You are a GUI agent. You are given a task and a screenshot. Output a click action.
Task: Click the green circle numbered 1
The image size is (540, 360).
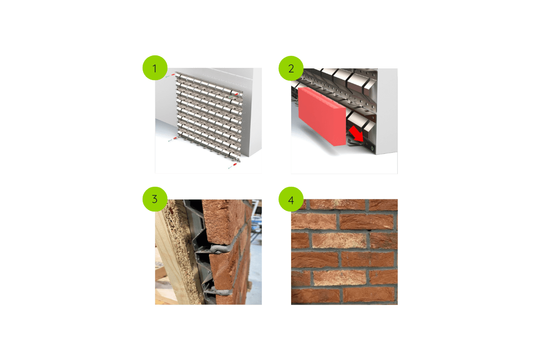155,69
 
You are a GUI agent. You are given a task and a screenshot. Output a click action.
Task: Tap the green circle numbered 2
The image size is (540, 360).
291,69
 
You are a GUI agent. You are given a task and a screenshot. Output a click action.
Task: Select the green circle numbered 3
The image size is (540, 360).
155,199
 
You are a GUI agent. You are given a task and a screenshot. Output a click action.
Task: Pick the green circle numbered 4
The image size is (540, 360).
291,199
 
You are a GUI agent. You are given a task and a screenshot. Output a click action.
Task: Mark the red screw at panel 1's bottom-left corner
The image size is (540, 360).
175,138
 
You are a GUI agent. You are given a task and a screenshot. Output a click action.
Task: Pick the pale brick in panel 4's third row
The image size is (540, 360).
333,241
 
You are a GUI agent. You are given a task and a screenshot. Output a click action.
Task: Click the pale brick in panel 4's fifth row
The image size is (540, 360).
333,278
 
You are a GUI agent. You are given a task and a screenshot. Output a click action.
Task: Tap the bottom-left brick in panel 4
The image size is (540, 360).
315,296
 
